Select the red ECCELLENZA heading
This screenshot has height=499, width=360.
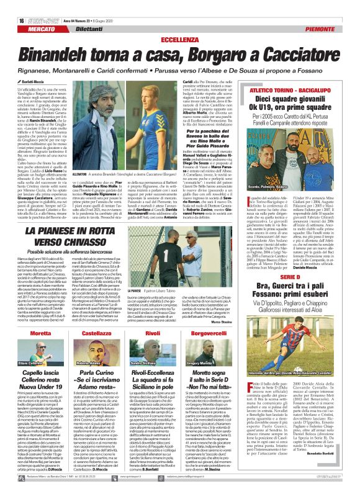180,22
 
